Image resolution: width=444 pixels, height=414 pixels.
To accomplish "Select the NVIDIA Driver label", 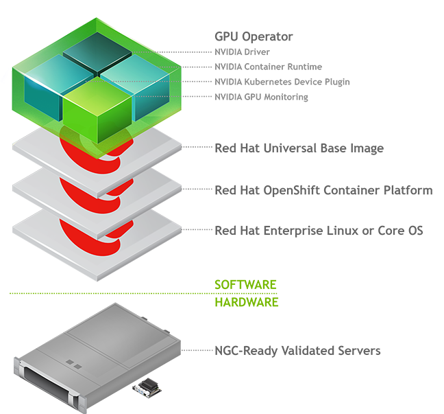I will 242,51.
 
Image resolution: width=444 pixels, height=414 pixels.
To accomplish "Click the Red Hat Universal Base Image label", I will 299,148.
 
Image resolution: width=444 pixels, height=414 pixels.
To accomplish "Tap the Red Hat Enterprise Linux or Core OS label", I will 319,231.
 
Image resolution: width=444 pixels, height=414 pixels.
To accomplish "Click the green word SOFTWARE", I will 245,284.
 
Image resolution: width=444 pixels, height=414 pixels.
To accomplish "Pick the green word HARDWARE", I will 247,301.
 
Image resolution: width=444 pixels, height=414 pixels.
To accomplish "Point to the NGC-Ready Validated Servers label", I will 297,351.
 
